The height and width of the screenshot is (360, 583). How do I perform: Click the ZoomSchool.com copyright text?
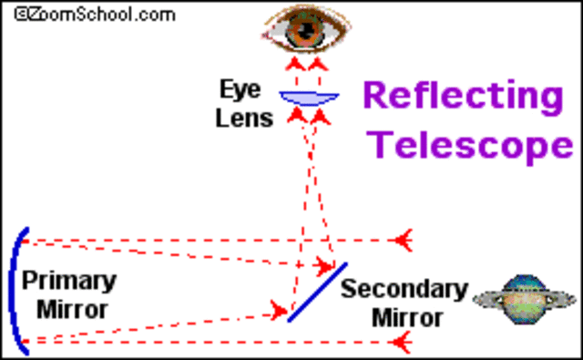tap(88, 13)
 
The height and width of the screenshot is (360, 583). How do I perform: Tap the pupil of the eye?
tap(302, 34)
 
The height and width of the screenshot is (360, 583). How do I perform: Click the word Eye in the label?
tap(240, 89)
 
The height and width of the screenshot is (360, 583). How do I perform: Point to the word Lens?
tap(244, 118)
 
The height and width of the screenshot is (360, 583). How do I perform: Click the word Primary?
tap(69, 280)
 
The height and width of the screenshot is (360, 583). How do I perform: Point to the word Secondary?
tap(404, 291)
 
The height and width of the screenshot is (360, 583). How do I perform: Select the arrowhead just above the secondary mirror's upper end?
tap(323, 266)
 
